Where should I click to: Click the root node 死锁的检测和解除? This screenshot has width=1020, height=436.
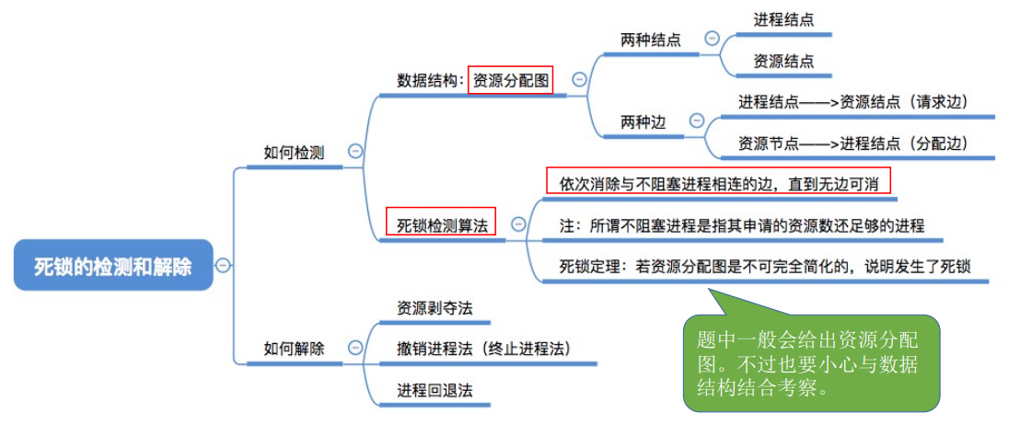[113, 266]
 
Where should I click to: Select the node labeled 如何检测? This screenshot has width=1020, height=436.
[294, 153]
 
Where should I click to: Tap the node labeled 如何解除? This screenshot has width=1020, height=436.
[294, 348]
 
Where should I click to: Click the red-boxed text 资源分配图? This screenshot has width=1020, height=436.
[510, 81]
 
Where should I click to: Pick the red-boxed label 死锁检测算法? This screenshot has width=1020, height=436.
[442, 224]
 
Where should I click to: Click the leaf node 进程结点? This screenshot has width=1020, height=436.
[783, 19]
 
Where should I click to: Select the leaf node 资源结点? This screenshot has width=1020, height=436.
[783, 61]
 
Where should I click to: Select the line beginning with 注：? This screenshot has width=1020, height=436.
[742, 224]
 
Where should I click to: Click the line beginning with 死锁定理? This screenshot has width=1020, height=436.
[764, 266]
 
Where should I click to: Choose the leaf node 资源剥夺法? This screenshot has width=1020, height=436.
[435, 308]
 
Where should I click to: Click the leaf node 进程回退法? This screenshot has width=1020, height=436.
[435, 389]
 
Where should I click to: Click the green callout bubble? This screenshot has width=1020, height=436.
[811, 362]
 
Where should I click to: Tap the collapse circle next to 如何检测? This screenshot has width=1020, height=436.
[354, 153]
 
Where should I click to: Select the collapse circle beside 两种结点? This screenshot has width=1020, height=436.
[712, 38]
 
